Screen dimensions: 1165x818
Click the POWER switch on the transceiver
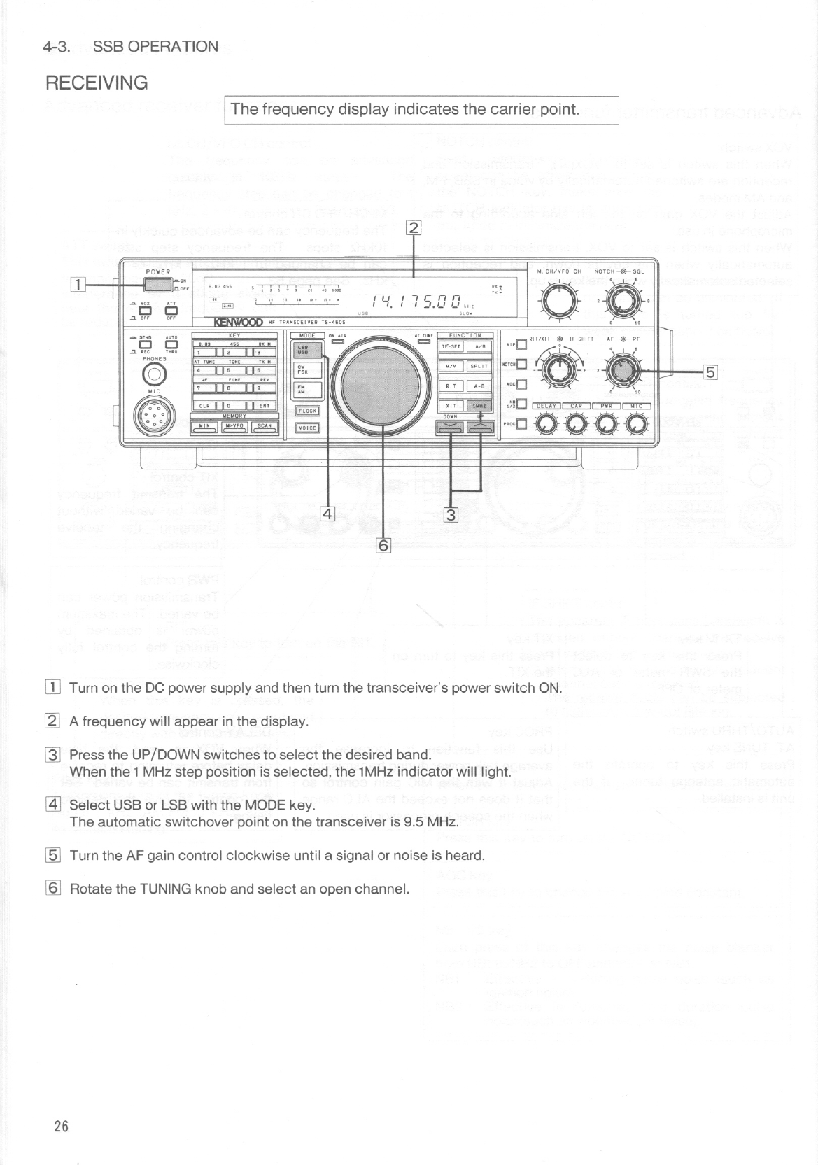158,283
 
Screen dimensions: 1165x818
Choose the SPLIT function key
478,366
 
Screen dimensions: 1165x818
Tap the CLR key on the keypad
204,405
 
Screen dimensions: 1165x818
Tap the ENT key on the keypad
265,405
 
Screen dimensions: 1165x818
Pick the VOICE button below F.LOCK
308,428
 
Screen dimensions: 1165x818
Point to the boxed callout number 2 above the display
414,227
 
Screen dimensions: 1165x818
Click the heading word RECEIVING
97,83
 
